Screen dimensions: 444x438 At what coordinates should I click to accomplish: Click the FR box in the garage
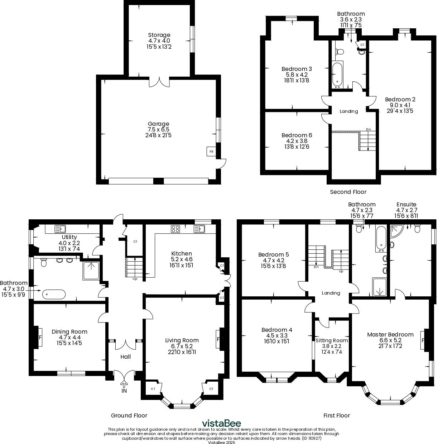(211, 152)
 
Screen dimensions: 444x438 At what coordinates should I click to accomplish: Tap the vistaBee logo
(221, 423)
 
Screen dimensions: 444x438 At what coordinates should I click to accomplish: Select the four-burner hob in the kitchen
(175, 229)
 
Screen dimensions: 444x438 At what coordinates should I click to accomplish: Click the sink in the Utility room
(60, 229)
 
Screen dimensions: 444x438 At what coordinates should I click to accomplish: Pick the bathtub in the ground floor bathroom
(54, 294)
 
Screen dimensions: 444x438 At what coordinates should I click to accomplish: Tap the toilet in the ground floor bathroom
(44, 263)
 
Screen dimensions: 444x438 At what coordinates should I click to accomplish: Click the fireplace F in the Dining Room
(39, 338)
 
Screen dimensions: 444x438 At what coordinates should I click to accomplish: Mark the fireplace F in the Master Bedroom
(423, 340)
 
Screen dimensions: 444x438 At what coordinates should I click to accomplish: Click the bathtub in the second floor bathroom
(337, 75)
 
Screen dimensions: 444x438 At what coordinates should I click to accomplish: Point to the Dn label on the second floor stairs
(368, 129)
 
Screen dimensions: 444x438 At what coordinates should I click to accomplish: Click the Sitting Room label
(332, 340)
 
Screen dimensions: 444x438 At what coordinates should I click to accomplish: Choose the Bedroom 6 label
(297, 135)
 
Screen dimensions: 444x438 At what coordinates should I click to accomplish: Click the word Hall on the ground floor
(125, 357)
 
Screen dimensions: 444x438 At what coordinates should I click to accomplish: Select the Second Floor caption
(348, 192)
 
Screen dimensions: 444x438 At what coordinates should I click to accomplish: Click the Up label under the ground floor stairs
(135, 279)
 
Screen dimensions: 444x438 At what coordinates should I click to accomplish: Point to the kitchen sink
(199, 229)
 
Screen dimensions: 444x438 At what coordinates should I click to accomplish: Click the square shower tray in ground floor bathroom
(91, 271)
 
